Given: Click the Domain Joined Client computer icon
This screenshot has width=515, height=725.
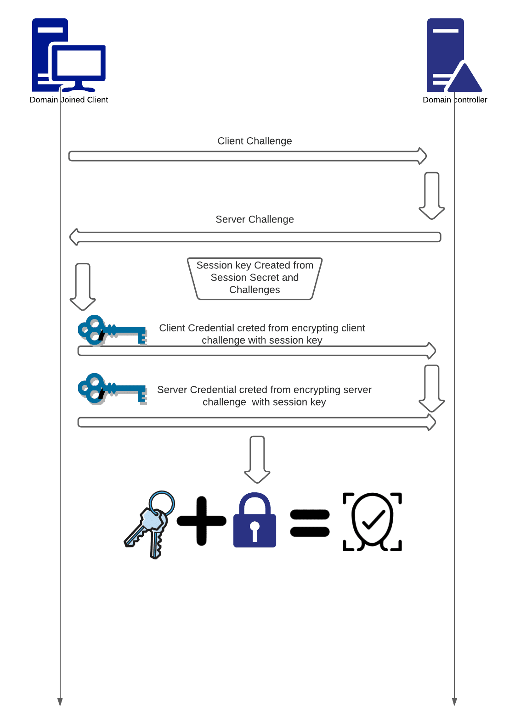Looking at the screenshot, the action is point(69,55).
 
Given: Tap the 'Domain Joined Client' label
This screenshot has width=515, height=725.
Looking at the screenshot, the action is point(69,100).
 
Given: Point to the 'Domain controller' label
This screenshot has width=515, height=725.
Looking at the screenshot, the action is point(455,100).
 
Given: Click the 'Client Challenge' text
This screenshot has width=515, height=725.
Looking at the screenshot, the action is point(255,141).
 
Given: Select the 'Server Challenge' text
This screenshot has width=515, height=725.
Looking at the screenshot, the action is point(255,219).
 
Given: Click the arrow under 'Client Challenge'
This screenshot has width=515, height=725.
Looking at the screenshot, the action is point(248,156).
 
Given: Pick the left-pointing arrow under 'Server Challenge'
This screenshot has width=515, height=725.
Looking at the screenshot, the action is point(255,237).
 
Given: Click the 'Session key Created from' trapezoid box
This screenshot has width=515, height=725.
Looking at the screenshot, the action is point(255,279).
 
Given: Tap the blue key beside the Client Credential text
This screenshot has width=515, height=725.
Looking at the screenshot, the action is point(112,330).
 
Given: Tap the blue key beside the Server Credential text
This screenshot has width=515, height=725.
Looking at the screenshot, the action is point(112,389).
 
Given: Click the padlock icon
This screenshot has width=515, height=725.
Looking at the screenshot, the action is point(255,519).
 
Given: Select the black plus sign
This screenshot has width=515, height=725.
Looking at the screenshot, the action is point(201,521).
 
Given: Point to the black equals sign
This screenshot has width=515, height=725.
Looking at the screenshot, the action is point(310,523).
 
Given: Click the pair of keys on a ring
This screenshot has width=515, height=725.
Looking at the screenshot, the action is point(149,524).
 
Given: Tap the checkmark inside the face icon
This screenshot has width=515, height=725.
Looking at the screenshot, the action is point(374,519).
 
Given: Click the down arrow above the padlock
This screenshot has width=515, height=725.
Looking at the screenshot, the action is point(257,460).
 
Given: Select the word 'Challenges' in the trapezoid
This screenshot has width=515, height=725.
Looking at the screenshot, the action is point(255,290).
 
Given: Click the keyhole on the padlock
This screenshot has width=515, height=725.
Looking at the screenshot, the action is point(255,531).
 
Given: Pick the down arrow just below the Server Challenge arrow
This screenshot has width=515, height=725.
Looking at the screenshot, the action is point(83,287).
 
